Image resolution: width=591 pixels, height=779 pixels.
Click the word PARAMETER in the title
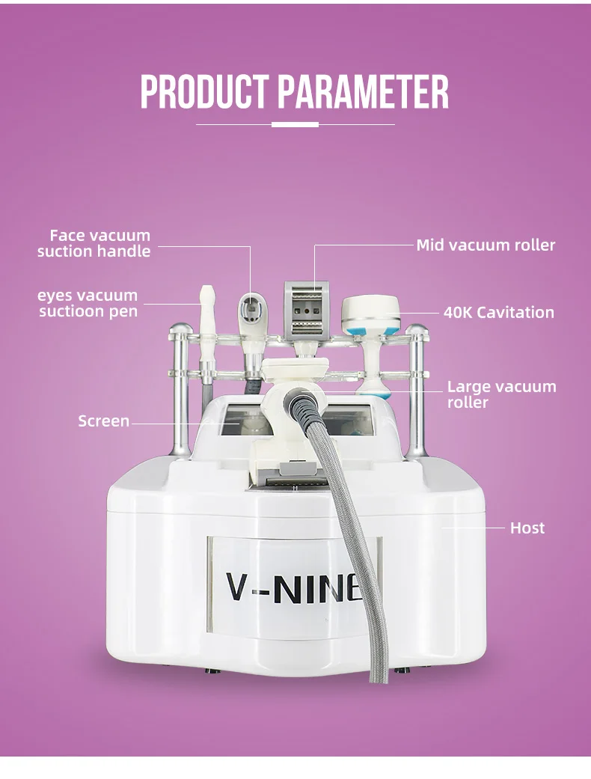[364, 93]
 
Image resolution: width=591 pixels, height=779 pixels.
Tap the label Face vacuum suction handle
[94, 244]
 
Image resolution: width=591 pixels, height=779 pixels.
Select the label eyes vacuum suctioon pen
[88, 303]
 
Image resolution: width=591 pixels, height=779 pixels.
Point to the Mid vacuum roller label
[486, 245]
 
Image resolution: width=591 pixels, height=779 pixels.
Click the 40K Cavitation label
[498, 312]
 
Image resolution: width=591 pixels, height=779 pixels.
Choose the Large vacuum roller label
[501, 394]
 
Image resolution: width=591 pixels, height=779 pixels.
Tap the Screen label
[103, 421]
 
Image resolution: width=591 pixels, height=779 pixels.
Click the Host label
[527, 528]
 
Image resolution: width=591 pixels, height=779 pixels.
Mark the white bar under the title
[295, 124]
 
